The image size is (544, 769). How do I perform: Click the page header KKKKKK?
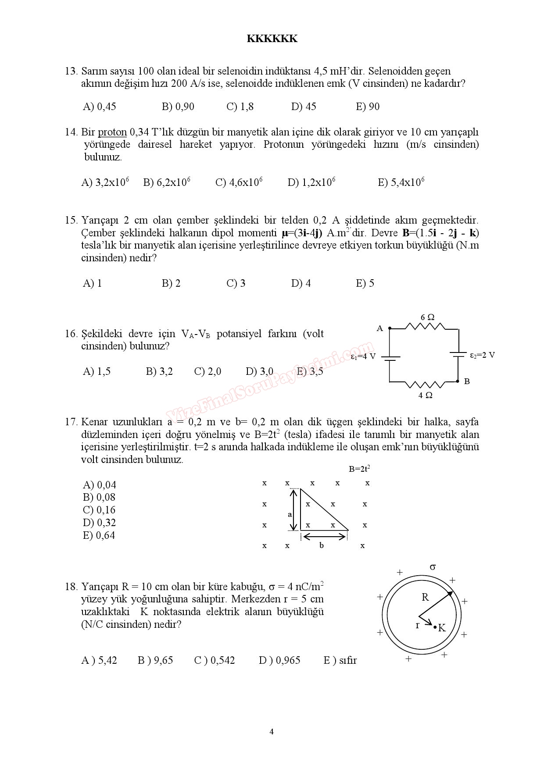pos(272,39)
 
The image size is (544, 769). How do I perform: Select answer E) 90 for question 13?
pos(368,107)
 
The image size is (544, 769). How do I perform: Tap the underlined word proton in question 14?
pos(112,132)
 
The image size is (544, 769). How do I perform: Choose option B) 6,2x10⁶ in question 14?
pos(167,182)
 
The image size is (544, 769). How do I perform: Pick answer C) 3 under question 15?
pos(236,283)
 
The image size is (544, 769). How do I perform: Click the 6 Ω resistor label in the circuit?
pos(427,317)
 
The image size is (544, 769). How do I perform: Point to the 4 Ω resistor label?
pos(426,395)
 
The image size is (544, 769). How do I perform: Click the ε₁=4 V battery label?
pos(363,356)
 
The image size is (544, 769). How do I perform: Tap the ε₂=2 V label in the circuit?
pos(482,355)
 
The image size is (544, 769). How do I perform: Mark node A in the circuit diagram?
pos(380,328)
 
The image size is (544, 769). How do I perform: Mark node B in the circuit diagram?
pos(467,381)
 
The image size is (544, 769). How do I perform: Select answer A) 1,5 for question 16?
pos(97,372)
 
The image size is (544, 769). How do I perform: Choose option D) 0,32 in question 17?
pos(99,523)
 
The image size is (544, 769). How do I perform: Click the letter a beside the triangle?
pos(290,514)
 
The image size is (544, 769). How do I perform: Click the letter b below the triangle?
pos(322,546)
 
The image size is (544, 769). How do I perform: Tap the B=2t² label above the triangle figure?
pos(359,469)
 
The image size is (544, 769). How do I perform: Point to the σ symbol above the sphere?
pos(433,567)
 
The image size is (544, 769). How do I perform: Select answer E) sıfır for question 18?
pos(340,660)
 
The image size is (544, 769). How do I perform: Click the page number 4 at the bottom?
pos(272,731)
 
